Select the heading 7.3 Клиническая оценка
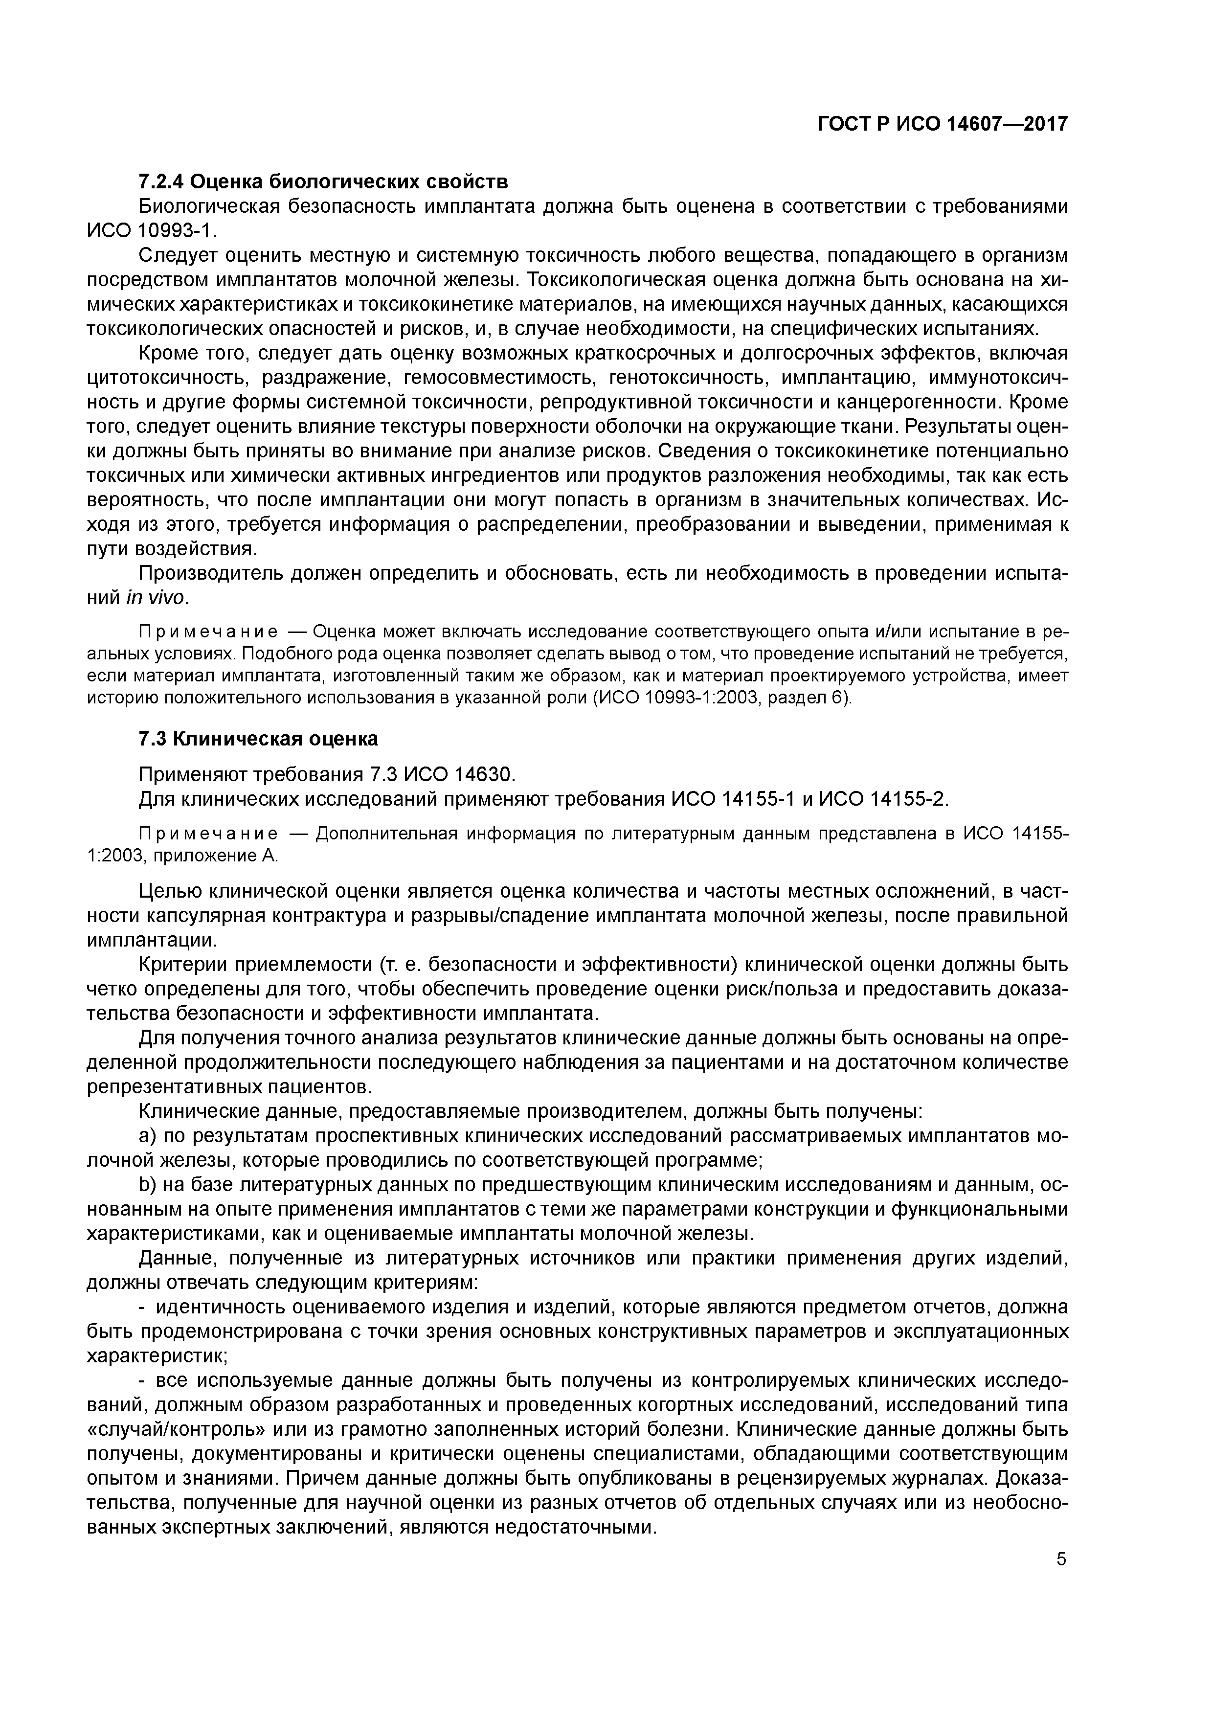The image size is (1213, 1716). pyautogui.click(x=259, y=739)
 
